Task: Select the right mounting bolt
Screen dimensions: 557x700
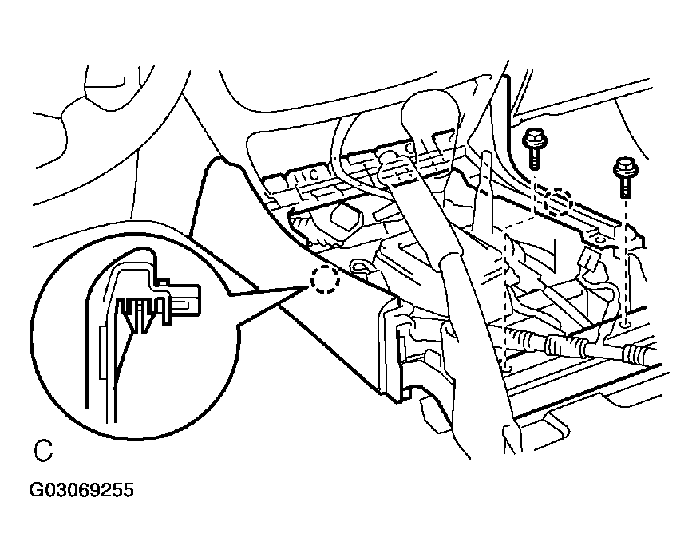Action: pos(623,177)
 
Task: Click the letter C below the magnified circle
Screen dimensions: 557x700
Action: pos(43,452)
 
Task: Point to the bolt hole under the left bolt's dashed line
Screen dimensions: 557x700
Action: pos(506,366)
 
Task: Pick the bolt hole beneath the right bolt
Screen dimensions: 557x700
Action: pos(626,324)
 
